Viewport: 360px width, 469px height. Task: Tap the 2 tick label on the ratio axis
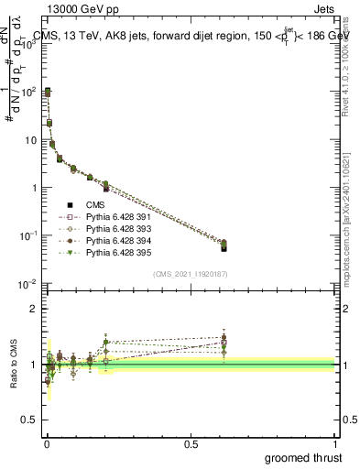pos(35,309)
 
